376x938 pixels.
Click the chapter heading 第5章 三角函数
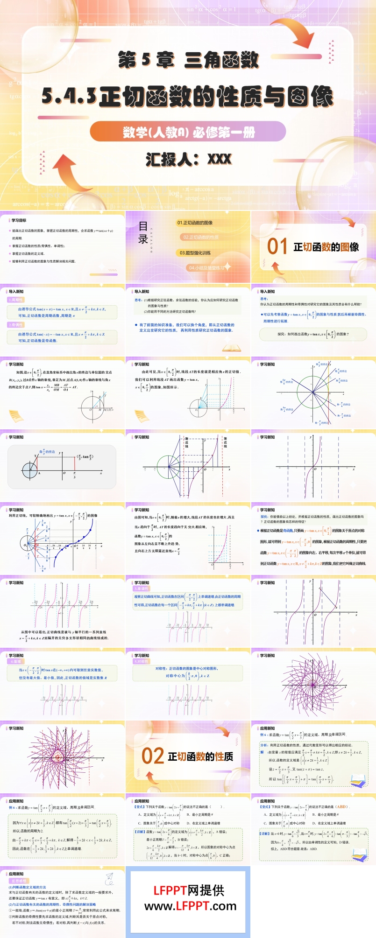188,60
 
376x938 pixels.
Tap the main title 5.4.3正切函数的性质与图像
188,97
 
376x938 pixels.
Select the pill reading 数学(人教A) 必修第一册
188,132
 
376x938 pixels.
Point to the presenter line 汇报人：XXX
188,159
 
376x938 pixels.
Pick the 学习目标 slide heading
19,220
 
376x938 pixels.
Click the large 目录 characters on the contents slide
143,233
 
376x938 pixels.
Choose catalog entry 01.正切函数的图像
195,223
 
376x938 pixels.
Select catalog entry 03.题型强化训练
195,253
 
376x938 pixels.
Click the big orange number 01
277,246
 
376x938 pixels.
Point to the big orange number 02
153,756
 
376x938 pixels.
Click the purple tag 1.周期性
15,300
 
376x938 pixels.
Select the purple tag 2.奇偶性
15,325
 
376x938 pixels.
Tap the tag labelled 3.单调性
141,589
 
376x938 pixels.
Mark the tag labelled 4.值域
15,661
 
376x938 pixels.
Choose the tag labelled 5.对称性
141,661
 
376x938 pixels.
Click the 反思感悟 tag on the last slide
18,882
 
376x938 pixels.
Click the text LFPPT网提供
189,890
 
